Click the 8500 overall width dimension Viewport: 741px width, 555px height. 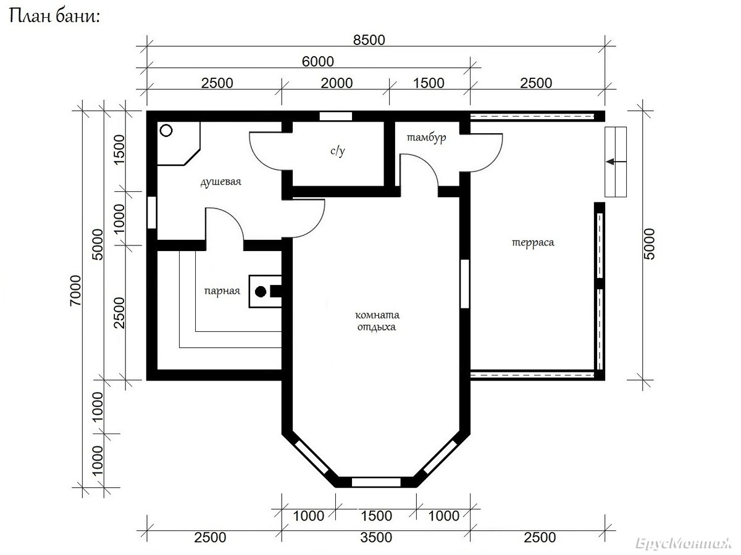369,40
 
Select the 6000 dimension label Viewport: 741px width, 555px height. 317,62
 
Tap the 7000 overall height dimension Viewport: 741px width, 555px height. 75,290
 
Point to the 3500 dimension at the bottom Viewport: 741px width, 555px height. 376,538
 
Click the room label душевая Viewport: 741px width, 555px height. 221,182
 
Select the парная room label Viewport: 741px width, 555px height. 222,291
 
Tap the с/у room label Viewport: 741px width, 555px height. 338,151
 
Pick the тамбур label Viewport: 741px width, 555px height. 426,138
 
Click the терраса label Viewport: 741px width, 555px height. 533,242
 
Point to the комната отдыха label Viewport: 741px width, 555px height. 377,321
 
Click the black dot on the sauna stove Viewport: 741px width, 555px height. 261,292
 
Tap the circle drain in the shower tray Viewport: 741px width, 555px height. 166,130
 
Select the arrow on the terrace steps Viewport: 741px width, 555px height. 616,162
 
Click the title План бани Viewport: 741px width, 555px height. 54,16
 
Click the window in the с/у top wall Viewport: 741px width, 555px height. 336,117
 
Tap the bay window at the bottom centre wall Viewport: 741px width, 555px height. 376,482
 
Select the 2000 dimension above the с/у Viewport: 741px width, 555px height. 337,83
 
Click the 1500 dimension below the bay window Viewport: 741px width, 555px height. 377,516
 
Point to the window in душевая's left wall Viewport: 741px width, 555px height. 152,213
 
